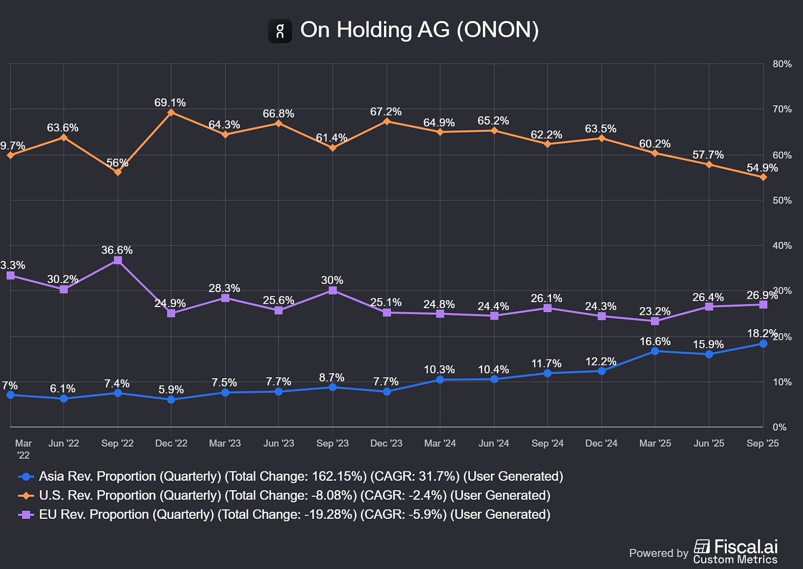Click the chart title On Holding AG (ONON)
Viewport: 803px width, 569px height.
(419, 30)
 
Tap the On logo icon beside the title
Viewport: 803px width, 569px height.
(280, 31)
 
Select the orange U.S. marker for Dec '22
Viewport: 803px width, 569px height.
(171, 112)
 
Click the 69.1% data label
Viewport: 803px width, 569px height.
(170, 103)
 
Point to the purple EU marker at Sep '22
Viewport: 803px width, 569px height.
(117, 260)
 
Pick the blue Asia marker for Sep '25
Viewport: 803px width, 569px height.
(763, 343)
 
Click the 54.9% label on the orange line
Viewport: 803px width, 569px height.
(762, 168)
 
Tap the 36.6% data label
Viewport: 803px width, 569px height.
(117, 250)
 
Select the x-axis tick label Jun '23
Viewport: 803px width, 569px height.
(279, 443)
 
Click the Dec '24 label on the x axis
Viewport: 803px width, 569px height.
(601, 443)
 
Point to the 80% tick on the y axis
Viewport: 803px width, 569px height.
(781, 64)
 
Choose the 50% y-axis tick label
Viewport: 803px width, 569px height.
(781, 200)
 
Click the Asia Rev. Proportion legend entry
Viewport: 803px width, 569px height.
(301, 476)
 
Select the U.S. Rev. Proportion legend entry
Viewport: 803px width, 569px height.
(295, 495)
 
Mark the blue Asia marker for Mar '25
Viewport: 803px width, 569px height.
(655, 351)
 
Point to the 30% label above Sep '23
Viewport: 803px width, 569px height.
(332, 280)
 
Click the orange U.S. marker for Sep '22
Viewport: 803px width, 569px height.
(117, 172)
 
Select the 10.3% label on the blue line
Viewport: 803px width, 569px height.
(439, 369)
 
